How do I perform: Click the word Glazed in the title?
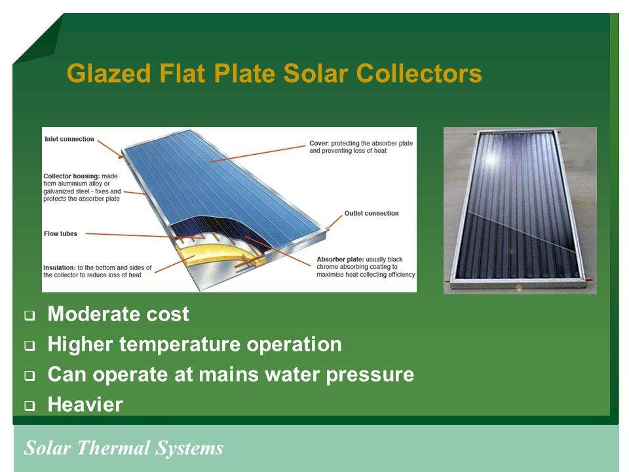click(109, 73)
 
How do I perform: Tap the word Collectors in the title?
click(419, 73)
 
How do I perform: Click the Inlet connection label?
click(69, 139)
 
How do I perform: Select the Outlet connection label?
click(372, 214)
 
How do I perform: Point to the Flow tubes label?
click(60, 233)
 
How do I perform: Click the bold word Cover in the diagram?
click(319, 144)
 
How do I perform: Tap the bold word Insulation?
click(60, 267)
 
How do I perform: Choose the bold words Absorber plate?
click(340, 260)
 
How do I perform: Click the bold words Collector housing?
click(71, 176)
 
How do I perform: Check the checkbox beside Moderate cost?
click(29, 315)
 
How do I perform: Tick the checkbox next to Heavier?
click(29, 406)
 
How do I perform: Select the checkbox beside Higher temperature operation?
click(29, 345)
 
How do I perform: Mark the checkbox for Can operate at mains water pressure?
click(29, 376)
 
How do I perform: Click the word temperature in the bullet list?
click(180, 345)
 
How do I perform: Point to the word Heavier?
click(85, 404)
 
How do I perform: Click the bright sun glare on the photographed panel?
click(491, 159)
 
